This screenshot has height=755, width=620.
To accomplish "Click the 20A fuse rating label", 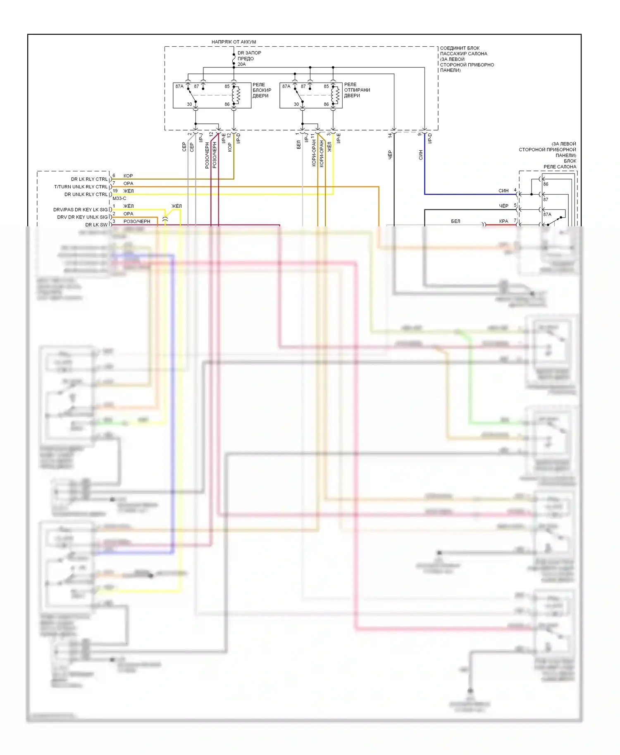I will pyautogui.click(x=241, y=64).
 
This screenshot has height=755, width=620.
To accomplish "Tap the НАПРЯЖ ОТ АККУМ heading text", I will pyautogui.click(x=234, y=42).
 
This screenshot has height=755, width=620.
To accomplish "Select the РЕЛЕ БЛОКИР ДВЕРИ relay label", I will pyautogui.click(x=262, y=90).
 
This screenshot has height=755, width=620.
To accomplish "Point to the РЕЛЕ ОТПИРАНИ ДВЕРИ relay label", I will pyautogui.click(x=357, y=90).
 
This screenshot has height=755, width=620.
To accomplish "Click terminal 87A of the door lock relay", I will pyautogui.click(x=179, y=86).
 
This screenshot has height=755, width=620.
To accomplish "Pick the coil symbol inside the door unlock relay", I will pyautogui.click(x=337, y=95).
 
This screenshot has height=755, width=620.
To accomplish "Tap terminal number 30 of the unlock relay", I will pyautogui.click(x=296, y=104).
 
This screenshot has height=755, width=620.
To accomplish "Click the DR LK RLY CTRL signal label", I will pyautogui.click(x=89, y=179).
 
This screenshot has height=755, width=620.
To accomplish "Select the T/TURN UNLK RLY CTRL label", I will pyautogui.click(x=81, y=187).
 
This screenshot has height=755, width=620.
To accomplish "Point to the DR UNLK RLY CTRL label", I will pyautogui.click(x=86, y=195).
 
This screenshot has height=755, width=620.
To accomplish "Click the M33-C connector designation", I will pyautogui.click(x=119, y=198).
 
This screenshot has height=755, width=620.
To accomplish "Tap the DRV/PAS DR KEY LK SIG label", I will pyautogui.click(x=80, y=210).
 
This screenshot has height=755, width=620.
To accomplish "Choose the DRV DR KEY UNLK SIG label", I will pyautogui.click(x=82, y=217).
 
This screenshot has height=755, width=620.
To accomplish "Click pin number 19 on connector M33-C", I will pyautogui.click(x=115, y=191).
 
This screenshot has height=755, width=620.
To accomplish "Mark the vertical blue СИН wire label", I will pyautogui.click(x=421, y=155).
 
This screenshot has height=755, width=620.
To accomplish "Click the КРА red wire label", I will pyautogui.click(x=503, y=221).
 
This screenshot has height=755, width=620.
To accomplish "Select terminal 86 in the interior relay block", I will pyautogui.click(x=546, y=184).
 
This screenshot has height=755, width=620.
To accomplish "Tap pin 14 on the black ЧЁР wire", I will pyautogui.click(x=390, y=135).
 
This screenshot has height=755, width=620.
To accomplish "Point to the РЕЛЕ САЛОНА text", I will pyautogui.click(x=560, y=167).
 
